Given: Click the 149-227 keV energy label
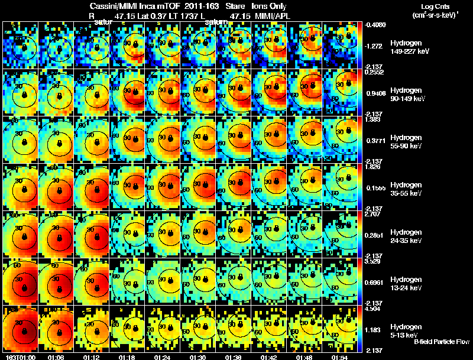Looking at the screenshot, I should [409, 51].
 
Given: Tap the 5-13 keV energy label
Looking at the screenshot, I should [404, 335].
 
